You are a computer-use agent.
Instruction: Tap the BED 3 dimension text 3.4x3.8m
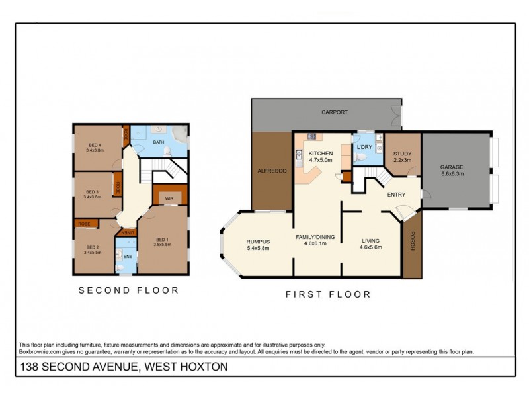click(97, 197)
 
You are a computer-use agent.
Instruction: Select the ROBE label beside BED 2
click(84, 224)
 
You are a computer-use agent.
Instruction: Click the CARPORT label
click(335, 112)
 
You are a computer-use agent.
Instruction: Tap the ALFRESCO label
click(270, 171)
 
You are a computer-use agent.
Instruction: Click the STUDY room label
click(402, 154)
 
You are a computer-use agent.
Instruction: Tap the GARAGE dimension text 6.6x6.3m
click(453, 174)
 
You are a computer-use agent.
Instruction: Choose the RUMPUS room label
click(259, 242)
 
